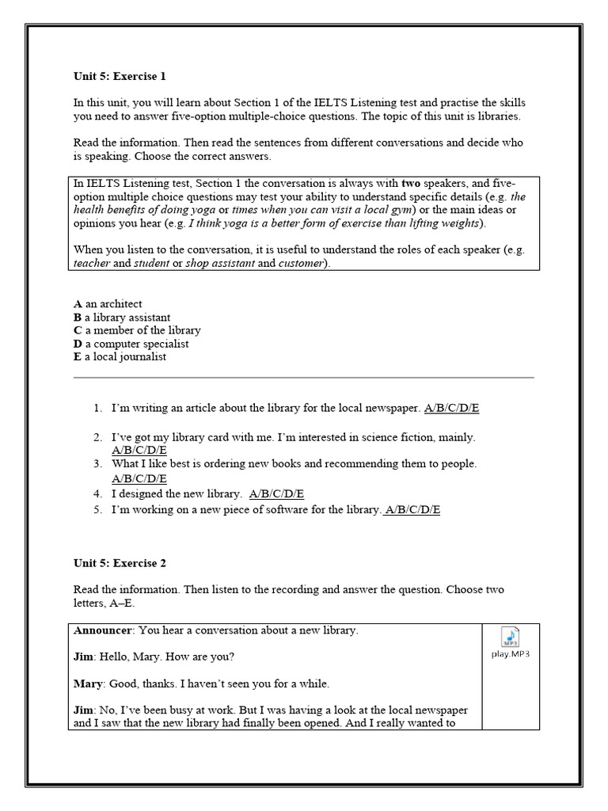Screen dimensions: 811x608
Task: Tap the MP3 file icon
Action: pos(511,637)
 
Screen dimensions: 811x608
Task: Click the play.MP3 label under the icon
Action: pos(511,654)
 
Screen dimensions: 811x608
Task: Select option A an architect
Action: pos(108,303)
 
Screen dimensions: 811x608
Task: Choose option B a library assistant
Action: pos(122,317)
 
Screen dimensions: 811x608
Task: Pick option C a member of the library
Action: pos(137,330)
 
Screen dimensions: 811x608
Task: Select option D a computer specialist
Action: pos(131,344)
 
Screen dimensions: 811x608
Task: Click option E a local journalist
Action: pos(120,357)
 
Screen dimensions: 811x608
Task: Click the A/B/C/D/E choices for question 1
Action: pos(451,408)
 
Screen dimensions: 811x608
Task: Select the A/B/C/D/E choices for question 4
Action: pos(276,493)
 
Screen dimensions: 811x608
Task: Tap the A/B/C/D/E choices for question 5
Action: pos(412,510)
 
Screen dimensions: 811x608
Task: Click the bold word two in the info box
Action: pos(412,183)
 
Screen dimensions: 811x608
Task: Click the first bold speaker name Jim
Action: pos(82,657)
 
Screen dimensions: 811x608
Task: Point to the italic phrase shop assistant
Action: pos(219,263)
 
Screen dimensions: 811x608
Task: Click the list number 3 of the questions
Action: pos(97,463)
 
